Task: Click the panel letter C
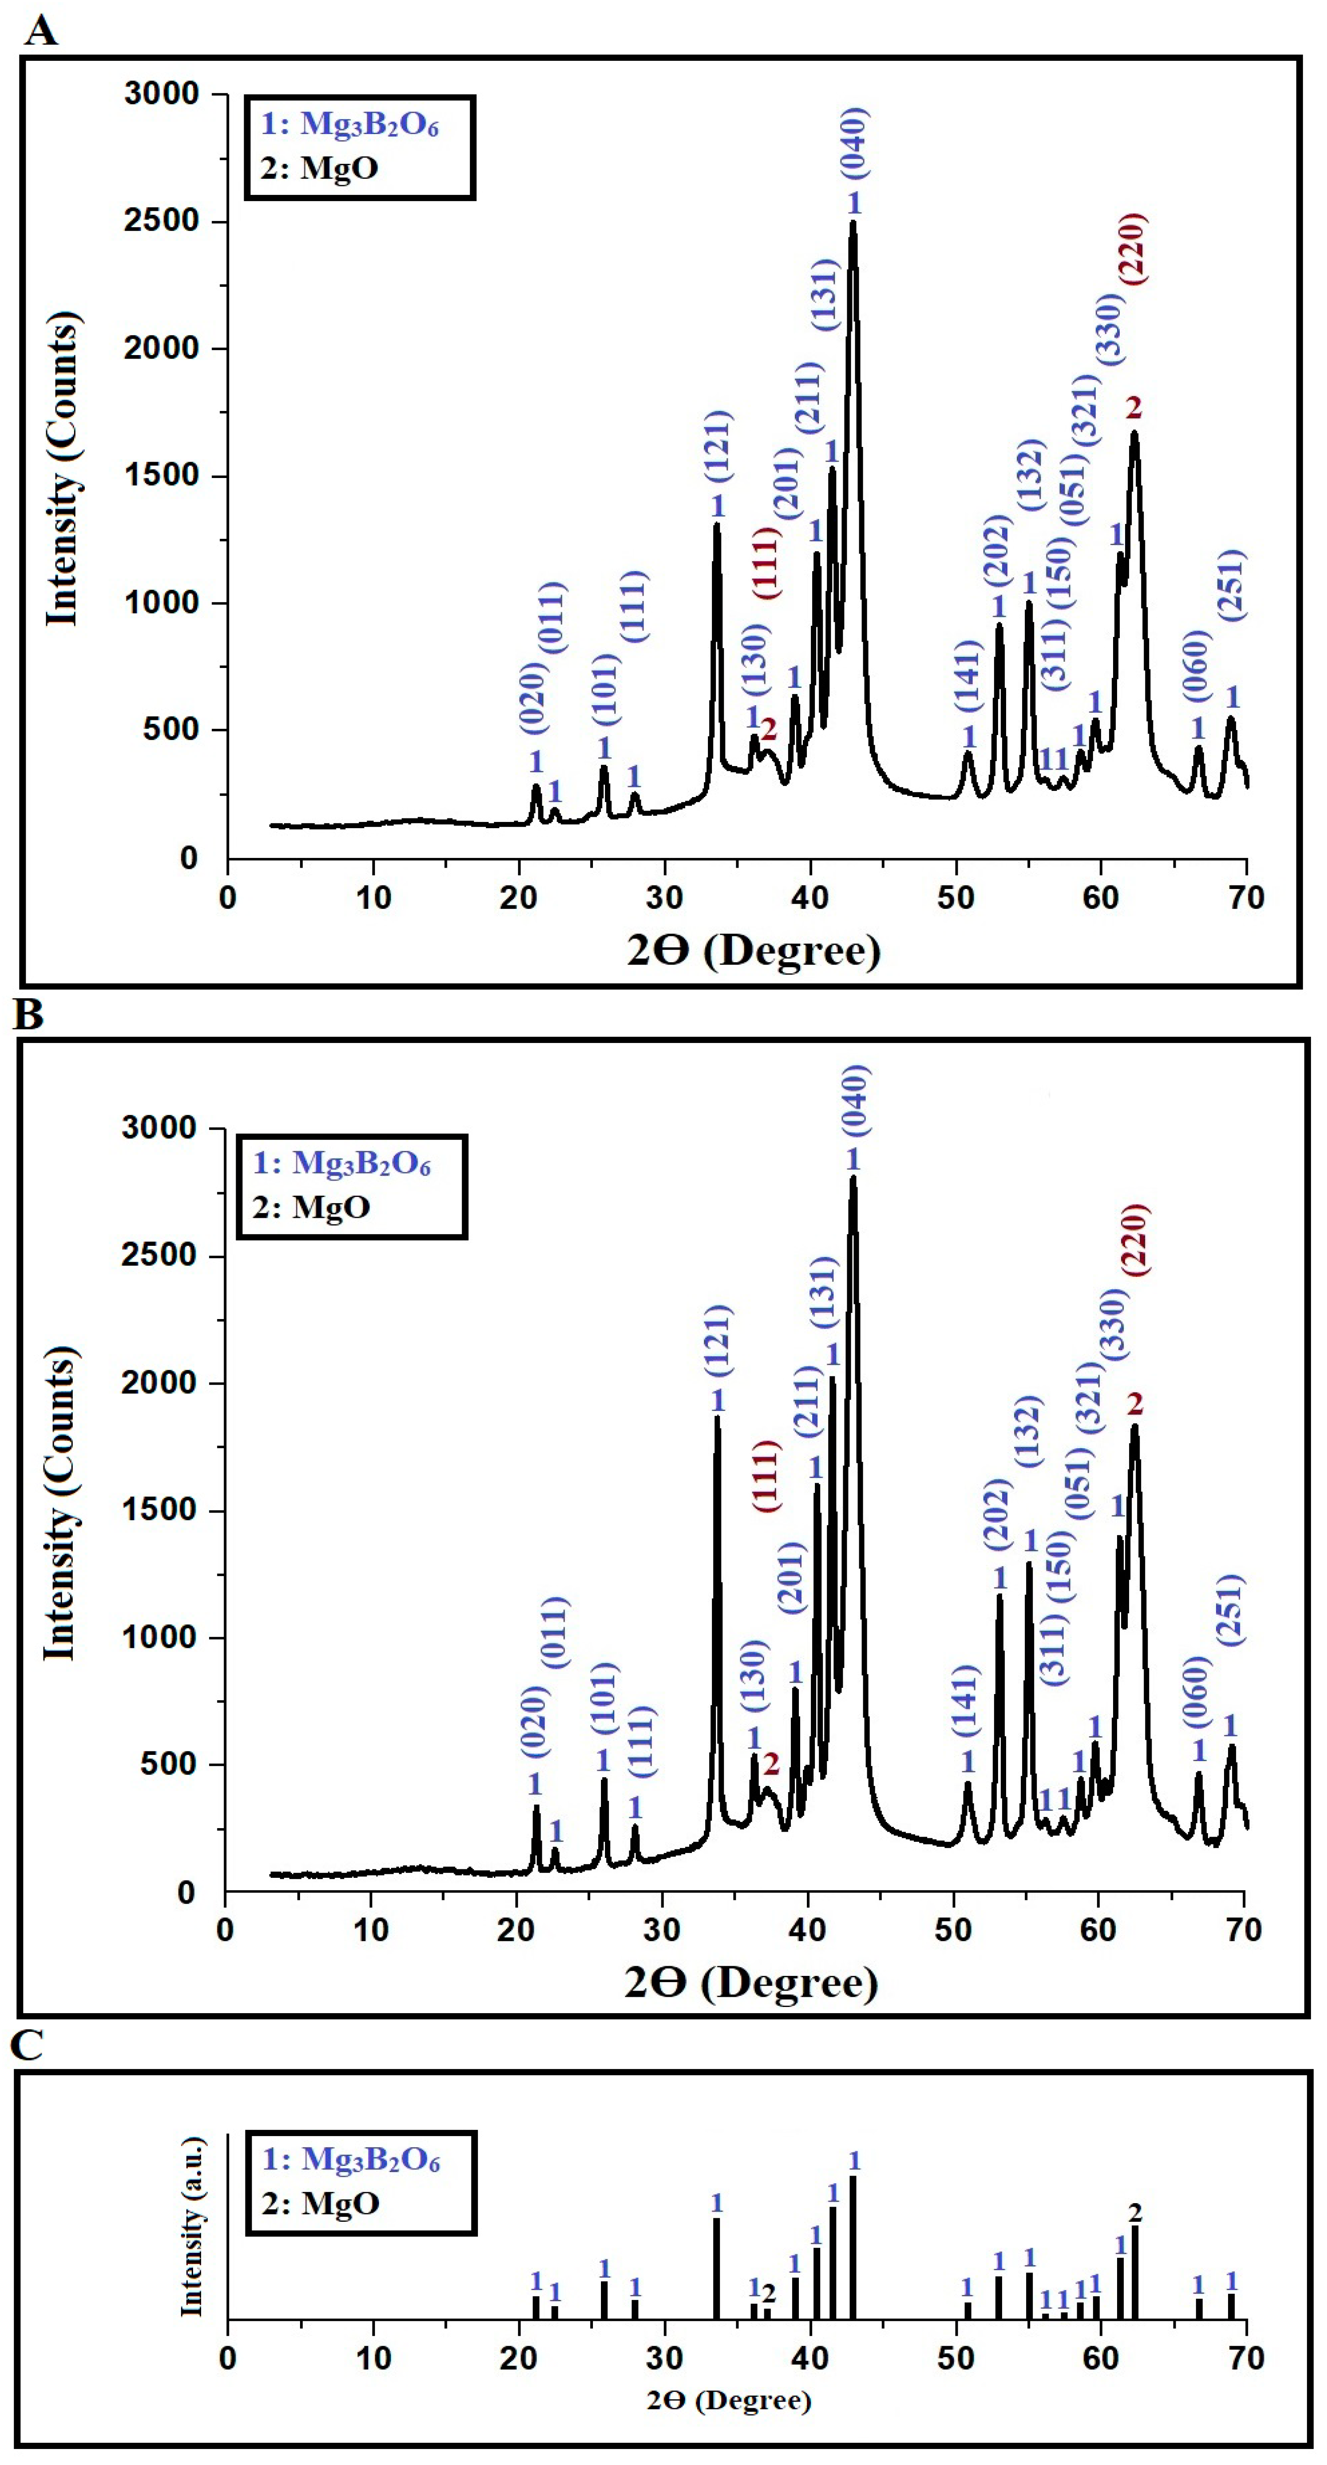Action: pos(27,2045)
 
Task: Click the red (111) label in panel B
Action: pos(766,1477)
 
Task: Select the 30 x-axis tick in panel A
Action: pos(664,897)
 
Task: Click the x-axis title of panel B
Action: pos(751,1982)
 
